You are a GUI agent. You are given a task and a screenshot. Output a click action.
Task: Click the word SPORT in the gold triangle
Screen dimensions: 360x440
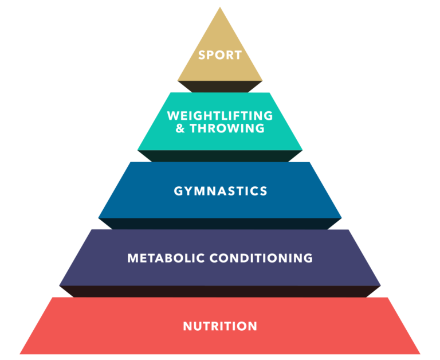click(x=220, y=56)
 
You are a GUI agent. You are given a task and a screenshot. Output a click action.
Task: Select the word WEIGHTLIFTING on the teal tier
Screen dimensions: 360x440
click(x=220, y=116)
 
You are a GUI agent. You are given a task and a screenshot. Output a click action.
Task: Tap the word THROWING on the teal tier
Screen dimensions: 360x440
click(x=228, y=128)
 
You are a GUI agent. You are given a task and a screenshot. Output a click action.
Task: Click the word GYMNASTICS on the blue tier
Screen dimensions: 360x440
click(x=221, y=191)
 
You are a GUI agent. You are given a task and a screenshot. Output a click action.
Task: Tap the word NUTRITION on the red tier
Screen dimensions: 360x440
click(x=220, y=326)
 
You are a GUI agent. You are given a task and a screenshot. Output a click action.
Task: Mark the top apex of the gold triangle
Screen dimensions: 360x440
click(x=220, y=8)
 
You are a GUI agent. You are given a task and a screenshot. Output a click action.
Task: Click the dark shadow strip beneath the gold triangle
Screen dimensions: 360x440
click(x=220, y=86)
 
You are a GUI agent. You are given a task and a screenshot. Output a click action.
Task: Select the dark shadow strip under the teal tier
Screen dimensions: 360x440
click(x=220, y=155)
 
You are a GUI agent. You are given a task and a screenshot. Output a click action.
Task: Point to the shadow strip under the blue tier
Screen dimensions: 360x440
click(x=220, y=224)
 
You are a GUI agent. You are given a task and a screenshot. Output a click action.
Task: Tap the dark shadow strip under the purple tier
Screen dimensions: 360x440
click(x=220, y=291)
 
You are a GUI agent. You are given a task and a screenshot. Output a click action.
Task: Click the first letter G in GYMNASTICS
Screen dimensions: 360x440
click(x=178, y=191)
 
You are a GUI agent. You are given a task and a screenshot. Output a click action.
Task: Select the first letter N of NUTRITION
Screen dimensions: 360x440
click(x=187, y=326)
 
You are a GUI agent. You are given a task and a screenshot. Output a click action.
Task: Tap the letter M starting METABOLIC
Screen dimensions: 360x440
click(x=132, y=258)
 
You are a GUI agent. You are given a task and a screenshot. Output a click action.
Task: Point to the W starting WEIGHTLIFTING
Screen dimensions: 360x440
click(x=172, y=116)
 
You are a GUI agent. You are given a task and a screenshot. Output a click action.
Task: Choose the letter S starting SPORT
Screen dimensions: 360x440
click(x=202, y=56)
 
